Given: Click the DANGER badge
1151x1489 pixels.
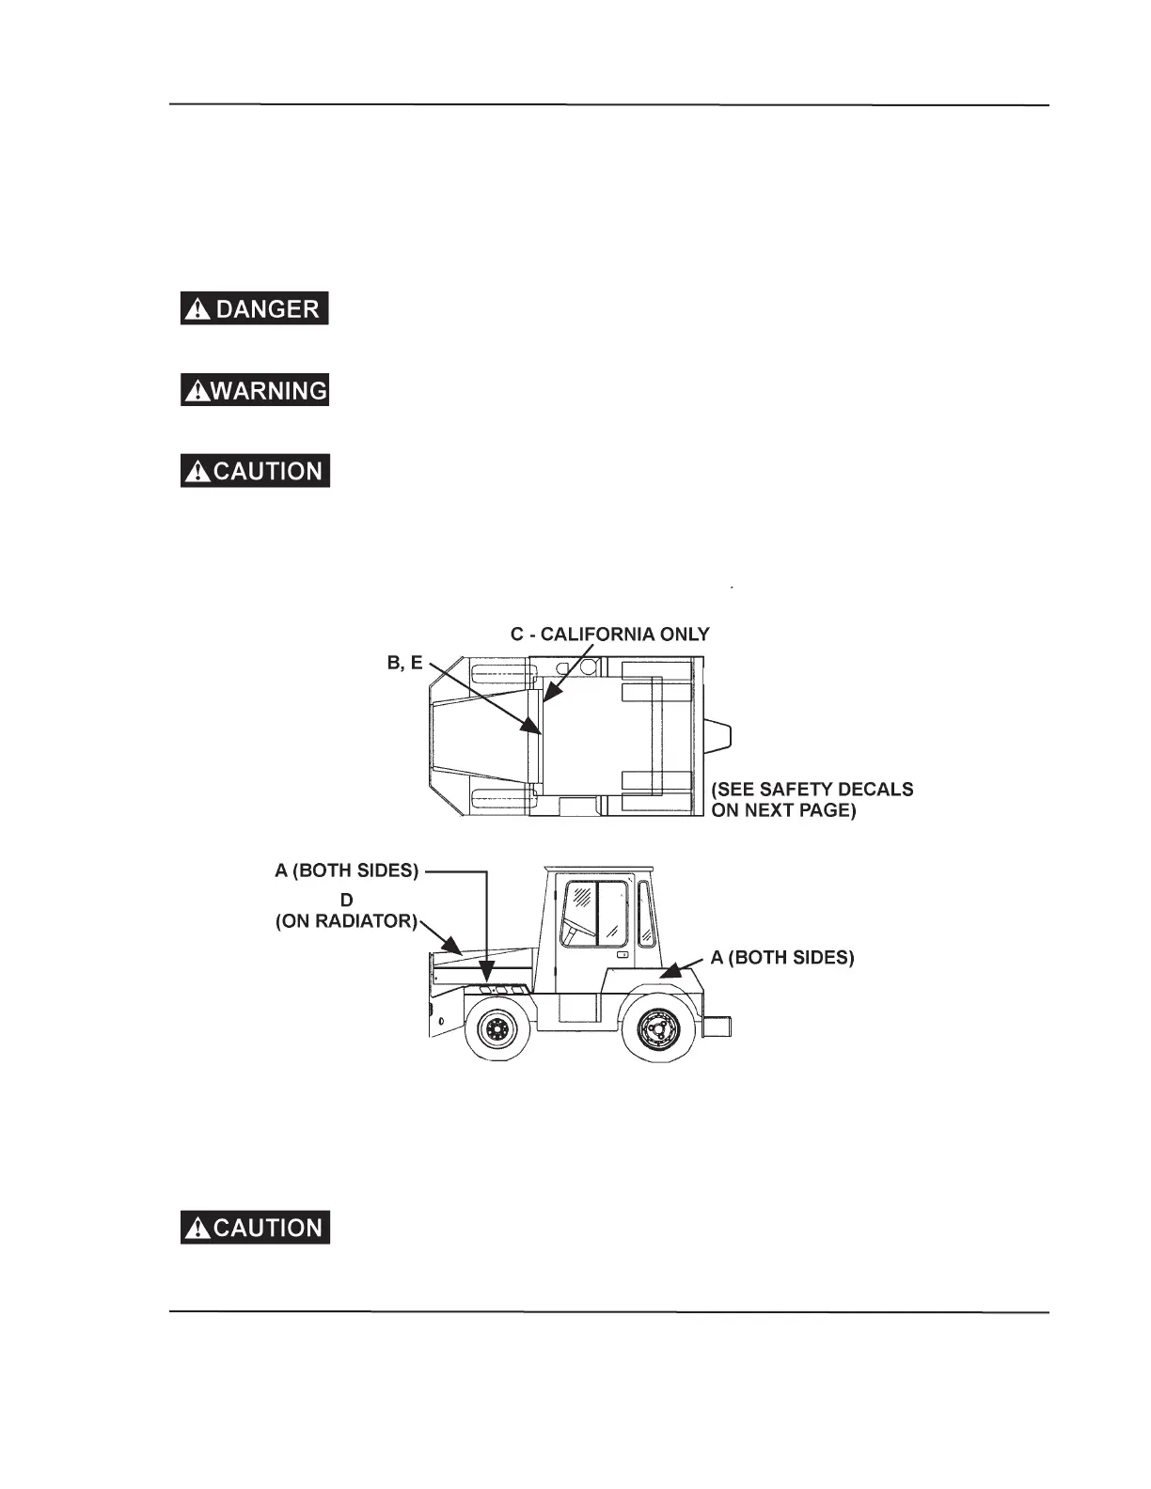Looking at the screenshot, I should tap(254, 308).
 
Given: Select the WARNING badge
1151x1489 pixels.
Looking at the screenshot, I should tap(254, 389).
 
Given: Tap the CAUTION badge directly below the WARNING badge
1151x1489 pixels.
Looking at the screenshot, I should tap(255, 470).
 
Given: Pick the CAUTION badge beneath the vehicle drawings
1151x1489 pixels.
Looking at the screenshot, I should tap(255, 1228).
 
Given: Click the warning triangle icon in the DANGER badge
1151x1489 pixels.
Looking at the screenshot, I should tap(197, 309).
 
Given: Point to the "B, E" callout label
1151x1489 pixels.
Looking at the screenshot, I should tap(404, 663).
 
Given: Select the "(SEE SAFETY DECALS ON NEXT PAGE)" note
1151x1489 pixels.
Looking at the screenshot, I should tap(812, 799).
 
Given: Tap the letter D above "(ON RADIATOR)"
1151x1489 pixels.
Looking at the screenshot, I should tap(346, 900).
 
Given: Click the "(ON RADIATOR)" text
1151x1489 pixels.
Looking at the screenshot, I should tap(346, 921).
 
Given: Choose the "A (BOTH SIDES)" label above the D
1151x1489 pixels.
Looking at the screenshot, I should tap(346, 870).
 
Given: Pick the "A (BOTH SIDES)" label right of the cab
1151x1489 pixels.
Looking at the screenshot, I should tap(782, 957).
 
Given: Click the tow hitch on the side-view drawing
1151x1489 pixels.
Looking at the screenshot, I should tap(717, 1026).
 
